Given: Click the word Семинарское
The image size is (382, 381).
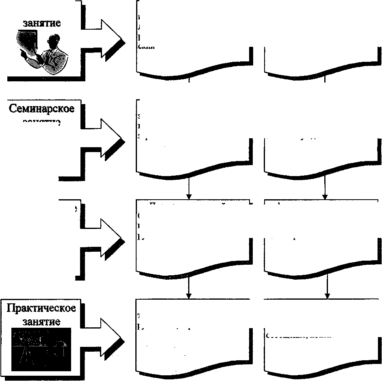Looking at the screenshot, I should [x=41, y=109].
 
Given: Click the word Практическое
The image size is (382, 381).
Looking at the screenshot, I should [x=41, y=308].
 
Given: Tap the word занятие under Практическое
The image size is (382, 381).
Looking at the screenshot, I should [x=41, y=322].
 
